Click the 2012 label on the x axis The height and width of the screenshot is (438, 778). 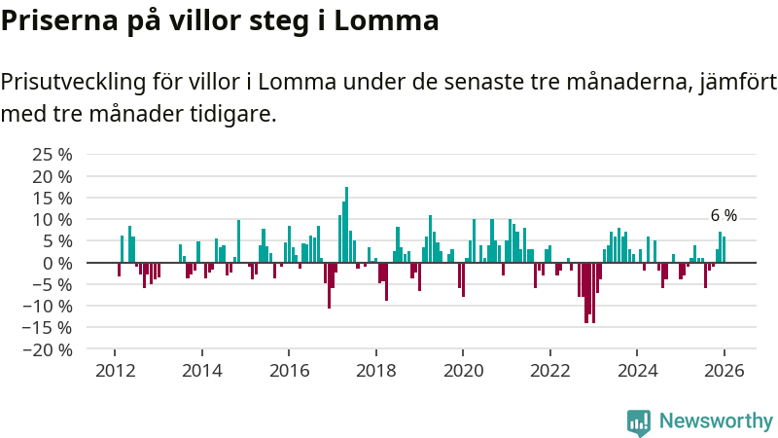click(x=115, y=371)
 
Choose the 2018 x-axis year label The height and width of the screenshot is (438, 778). click(x=375, y=371)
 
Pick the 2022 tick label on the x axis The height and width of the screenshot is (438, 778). click(x=549, y=371)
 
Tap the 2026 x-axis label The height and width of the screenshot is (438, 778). click(x=725, y=371)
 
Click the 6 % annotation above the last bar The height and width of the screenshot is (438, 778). click(x=724, y=216)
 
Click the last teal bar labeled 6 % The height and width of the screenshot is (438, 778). click(x=725, y=249)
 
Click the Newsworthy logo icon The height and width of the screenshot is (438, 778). click(x=639, y=421)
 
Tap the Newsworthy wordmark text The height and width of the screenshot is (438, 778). click(x=716, y=421)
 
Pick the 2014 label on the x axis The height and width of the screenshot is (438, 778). click(x=201, y=371)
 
